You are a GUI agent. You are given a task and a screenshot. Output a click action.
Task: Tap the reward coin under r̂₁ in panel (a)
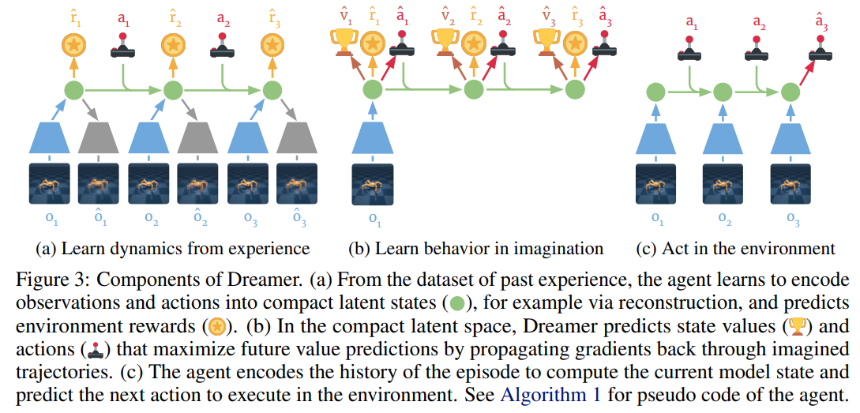[x=74, y=45]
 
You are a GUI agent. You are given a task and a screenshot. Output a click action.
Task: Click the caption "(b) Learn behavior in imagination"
[x=476, y=249]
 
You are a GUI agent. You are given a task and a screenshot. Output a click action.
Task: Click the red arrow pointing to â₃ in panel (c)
[x=804, y=72]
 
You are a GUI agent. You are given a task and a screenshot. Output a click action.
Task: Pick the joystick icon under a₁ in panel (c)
[x=689, y=47]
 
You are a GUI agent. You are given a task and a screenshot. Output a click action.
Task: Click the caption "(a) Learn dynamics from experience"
[x=172, y=249]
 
